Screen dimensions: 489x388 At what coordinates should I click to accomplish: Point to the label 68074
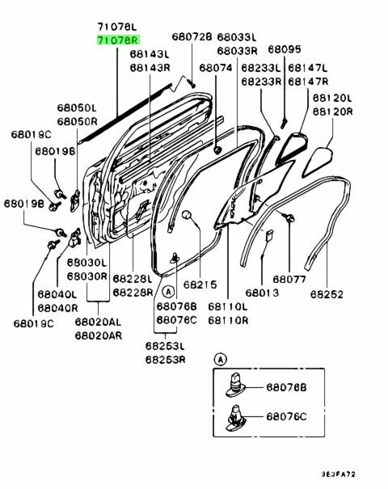pyautogui.click(x=215, y=70)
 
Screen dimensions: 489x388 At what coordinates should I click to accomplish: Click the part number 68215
pyautogui.click(x=200, y=285)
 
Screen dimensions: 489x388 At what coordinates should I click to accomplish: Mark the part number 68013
pyautogui.click(x=262, y=291)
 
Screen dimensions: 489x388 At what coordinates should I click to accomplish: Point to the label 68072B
pyautogui.click(x=192, y=36)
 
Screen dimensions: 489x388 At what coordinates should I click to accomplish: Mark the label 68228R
pyautogui.click(x=133, y=292)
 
